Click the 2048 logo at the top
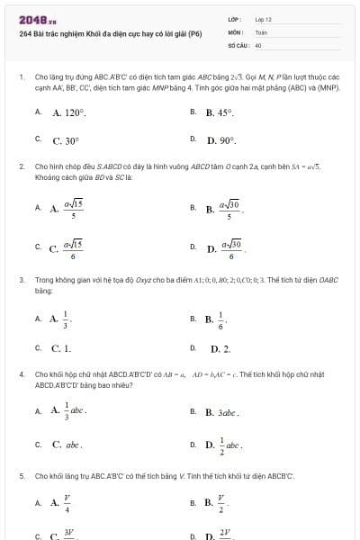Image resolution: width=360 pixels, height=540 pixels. point(37,19)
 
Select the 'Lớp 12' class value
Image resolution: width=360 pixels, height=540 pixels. point(263,18)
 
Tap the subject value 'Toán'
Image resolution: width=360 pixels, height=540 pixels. point(261,31)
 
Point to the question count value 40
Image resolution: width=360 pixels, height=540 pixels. point(258,43)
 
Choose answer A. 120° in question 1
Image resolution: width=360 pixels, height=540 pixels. point(69,113)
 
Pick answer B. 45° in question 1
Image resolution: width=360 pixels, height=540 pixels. point(220,113)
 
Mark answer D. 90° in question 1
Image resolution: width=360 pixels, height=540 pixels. point(221,140)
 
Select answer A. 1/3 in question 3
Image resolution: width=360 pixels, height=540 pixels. point(62,319)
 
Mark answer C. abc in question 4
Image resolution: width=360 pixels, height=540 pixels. point(67,444)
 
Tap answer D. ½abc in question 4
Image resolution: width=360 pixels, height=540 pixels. point(228,444)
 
